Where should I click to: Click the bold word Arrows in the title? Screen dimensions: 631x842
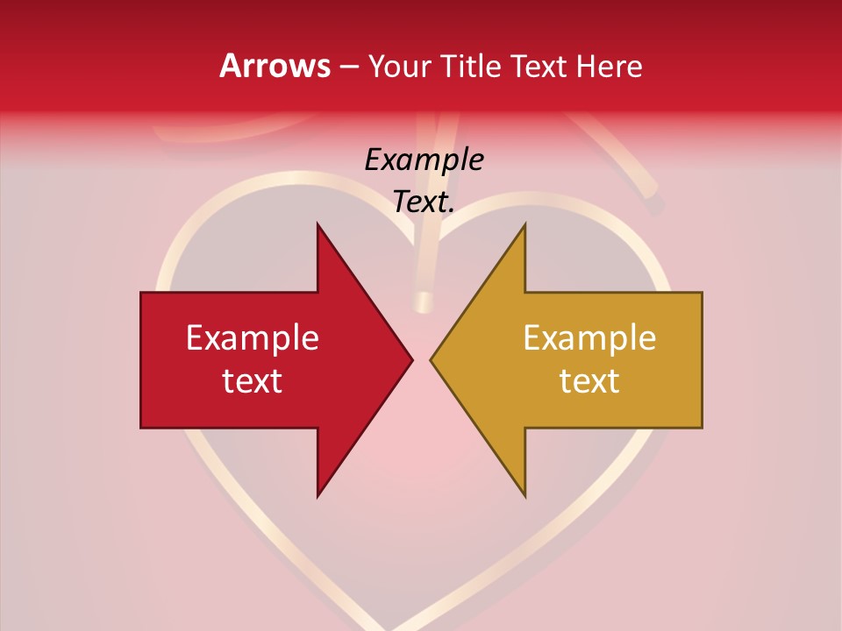[275, 66]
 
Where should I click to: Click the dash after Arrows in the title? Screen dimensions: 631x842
[348, 67]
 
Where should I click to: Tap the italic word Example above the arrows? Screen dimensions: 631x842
[424, 160]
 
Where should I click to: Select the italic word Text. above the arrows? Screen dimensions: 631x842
[424, 202]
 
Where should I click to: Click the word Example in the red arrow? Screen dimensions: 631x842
[253, 337]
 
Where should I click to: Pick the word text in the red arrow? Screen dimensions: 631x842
[253, 381]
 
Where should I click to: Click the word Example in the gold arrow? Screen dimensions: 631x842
[589, 337]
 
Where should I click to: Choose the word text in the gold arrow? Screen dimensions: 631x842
[589, 381]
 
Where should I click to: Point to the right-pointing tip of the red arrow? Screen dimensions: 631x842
[411, 359]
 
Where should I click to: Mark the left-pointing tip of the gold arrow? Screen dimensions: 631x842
[432, 359]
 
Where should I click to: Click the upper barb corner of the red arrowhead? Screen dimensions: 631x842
[318, 224]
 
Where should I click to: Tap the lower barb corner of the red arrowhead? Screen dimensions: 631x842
[318, 495]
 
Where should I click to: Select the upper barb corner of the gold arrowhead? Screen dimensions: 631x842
[524, 224]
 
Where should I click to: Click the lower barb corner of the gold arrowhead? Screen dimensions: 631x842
[524, 495]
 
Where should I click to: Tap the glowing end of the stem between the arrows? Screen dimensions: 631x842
[424, 303]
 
